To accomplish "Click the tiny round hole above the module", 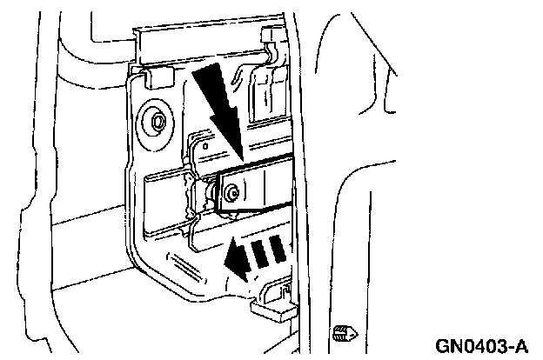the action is (x=203, y=147).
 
